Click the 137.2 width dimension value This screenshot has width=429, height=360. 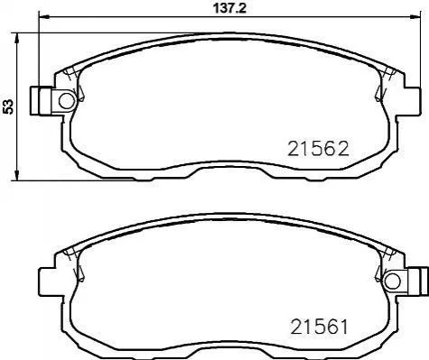[229, 8]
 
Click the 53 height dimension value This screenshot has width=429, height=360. [8, 106]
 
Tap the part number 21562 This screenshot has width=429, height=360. [318, 149]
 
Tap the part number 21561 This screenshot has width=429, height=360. [319, 327]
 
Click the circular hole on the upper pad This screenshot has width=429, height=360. [67, 101]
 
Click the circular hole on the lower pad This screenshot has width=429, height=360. [393, 281]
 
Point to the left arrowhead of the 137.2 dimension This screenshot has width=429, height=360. [43, 17]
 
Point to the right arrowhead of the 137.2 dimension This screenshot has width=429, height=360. [415, 17]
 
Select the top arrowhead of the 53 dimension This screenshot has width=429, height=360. [17, 38]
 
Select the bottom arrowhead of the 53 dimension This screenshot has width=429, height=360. [17, 176]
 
